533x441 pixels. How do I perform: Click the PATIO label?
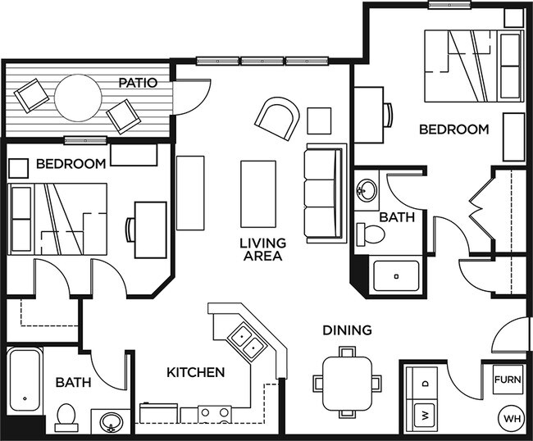(x=137, y=83)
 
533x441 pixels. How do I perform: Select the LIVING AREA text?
(x=262, y=249)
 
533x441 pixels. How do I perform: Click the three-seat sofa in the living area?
(x=321, y=192)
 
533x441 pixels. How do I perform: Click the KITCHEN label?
(x=196, y=372)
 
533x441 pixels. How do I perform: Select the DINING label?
(x=347, y=330)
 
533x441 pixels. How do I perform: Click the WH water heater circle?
(x=512, y=419)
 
